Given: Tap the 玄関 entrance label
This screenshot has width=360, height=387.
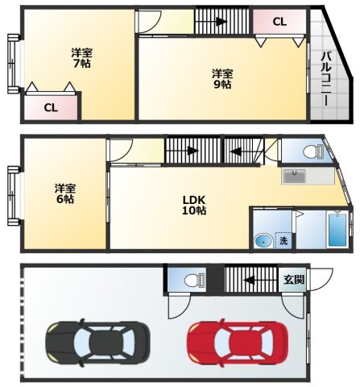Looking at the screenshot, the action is click(x=294, y=280).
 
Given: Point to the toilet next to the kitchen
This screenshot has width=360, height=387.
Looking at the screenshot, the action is click(x=313, y=152).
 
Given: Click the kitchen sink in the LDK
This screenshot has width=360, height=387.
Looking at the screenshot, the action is click(x=295, y=176).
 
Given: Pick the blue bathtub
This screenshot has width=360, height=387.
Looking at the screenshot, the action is click(x=337, y=229).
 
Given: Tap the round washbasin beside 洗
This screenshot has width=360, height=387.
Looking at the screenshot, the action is click(x=263, y=241).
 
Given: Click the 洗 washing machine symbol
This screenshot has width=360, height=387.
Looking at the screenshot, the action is click(x=283, y=240).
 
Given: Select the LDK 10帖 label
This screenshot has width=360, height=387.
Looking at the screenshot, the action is click(x=194, y=205).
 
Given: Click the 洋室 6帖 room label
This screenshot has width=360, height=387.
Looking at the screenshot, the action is click(x=65, y=193).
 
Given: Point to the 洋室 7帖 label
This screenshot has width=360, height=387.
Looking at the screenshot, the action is click(x=81, y=58).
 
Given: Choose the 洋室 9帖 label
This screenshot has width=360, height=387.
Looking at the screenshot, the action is click(x=222, y=79).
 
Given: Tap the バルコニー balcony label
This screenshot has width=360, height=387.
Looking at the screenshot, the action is click(x=326, y=79).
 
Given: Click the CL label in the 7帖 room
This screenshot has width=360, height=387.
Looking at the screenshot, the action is click(x=51, y=108).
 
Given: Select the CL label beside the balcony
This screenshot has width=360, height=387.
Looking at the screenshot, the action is click(x=279, y=22).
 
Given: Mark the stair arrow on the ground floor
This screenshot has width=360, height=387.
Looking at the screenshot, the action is click(x=249, y=281).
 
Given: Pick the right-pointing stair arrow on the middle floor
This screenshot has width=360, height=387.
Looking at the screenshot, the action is click(x=193, y=151).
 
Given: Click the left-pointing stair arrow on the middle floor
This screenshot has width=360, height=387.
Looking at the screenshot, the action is click(x=237, y=152).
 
